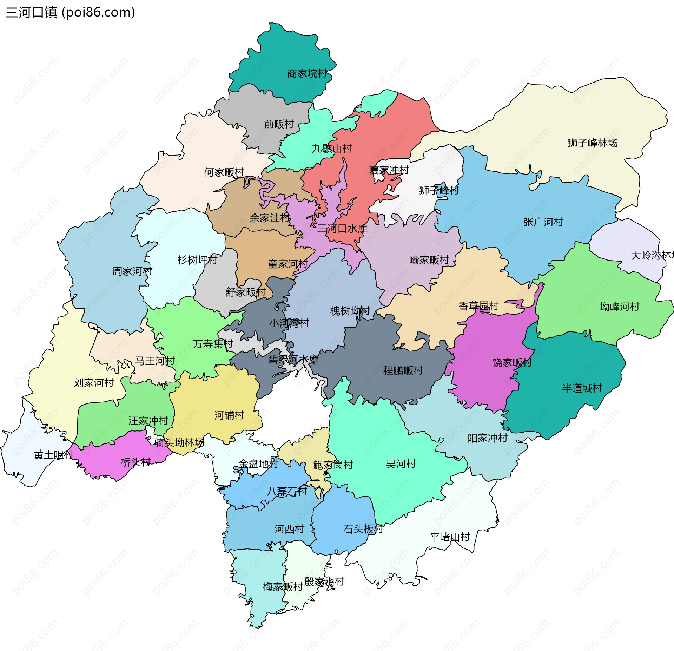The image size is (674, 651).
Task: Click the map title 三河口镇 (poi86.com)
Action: [70, 13]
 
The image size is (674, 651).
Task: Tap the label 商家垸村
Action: [307, 73]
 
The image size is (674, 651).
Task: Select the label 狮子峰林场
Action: [592, 143]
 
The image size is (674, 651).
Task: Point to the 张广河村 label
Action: [543, 222]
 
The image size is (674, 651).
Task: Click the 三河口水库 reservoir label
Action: [342, 229]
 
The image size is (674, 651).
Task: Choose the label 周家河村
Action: [132, 271]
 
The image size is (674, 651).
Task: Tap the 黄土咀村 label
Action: [53, 455]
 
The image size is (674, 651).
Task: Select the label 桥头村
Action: [136, 462]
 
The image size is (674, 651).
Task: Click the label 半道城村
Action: [582, 388]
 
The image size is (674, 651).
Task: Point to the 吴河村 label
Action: [401, 464]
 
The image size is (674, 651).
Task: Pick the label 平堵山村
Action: [450, 537]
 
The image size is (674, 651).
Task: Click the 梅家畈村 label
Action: [283, 586]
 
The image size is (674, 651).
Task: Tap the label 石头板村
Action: [363, 529]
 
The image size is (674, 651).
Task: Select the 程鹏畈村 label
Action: [403, 370]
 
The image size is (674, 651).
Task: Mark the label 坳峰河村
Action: [619, 307]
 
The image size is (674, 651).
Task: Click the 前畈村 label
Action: [279, 124]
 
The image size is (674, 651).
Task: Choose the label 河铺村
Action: [229, 415]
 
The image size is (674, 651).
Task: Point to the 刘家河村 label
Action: [94, 383]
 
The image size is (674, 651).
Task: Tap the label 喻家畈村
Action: [429, 260]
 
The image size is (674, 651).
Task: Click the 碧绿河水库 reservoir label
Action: [293, 359]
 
